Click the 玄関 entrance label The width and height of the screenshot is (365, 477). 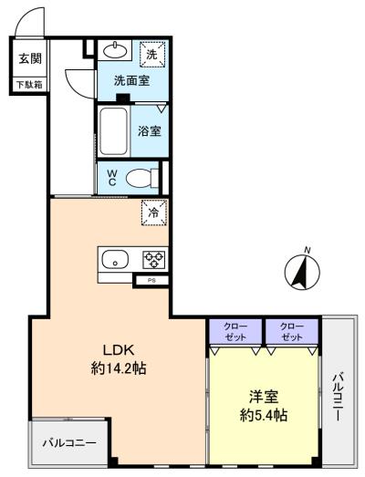pyautogui.click(x=30, y=58)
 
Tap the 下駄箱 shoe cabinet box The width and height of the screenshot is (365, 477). pyautogui.click(x=29, y=84)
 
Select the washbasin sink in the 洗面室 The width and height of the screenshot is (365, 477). pyautogui.click(x=115, y=50)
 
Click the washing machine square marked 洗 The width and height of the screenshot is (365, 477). pyautogui.click(x=152, y=54)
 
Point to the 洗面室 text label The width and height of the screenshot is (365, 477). pyautogui.click(x=131, y=80)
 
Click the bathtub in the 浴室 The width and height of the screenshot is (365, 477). pyautogui.click(x=113, y=131)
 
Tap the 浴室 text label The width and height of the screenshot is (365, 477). pyautogui.click(x=149, y=131)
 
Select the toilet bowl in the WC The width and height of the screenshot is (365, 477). pyautogui.click(x=141, y=178)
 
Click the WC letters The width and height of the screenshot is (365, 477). pyautogui.click(x=112, y=178)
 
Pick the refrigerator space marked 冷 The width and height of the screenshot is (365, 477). pyautogui.click(x=154, y=213)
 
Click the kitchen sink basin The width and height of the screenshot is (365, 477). pyautogui.click(x=115, y=259)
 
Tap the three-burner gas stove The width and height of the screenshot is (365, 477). pyautogui.click(x=154, y=260)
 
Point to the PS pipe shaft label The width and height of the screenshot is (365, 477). pyautogui.click(x=151, y=281)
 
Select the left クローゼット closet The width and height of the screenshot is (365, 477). pyautogui.click(x=235, y=331)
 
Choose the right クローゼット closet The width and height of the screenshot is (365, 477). pyautogui.click(x=292, y=331)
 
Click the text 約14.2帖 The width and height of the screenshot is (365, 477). pyautogui.click(x=119, y=368)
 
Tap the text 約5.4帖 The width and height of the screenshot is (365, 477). pyautogui.click(x=264, y=415)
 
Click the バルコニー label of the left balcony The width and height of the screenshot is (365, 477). pyautogui.click(x=69, y=442)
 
